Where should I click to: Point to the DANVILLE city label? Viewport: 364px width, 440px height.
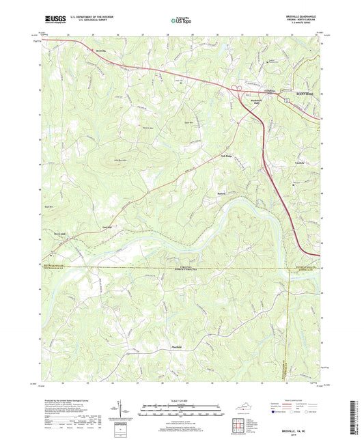pos(303,92)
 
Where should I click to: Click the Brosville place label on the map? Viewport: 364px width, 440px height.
pos(100,51)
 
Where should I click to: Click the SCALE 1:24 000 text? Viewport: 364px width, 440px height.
pos(181,400)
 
